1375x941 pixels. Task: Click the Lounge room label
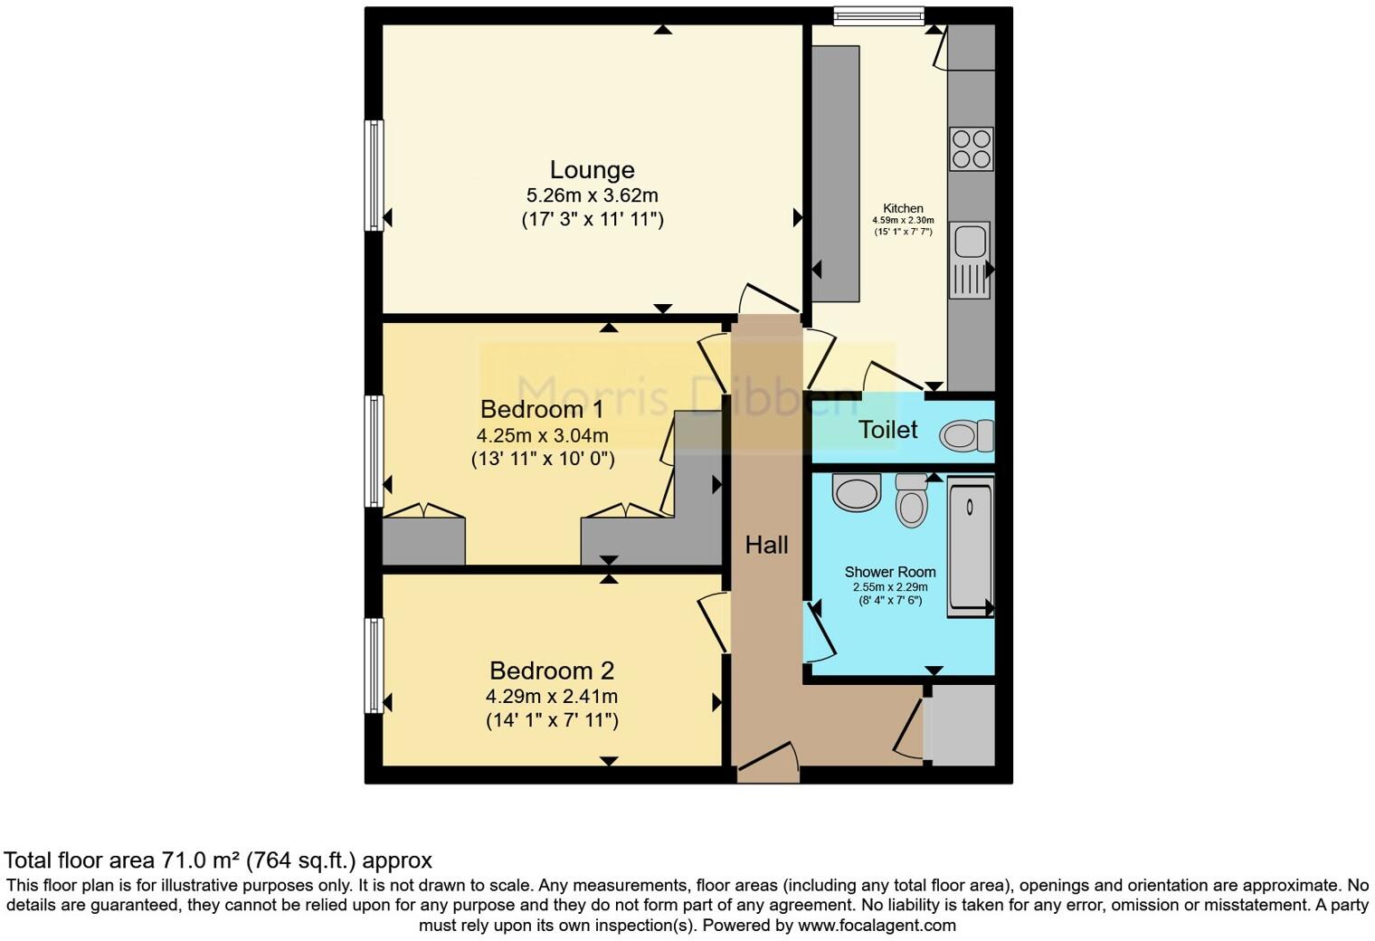[592, 170]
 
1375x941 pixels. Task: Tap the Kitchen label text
[903, 208]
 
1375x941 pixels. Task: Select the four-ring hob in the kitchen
[971, 149]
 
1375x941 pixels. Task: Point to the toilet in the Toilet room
[965, 437]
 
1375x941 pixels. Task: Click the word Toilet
[887, 430]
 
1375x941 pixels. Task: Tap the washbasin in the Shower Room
[856, 493]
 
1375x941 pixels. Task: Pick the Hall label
[766, 545]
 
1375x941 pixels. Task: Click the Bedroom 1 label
[542, 409]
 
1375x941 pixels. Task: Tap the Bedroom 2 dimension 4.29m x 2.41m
[551, 697]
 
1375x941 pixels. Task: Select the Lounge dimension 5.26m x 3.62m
[592, 195]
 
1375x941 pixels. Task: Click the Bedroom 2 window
[374, 665]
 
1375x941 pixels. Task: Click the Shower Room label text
[889, 572]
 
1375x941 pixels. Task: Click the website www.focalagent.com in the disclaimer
[876, 926]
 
